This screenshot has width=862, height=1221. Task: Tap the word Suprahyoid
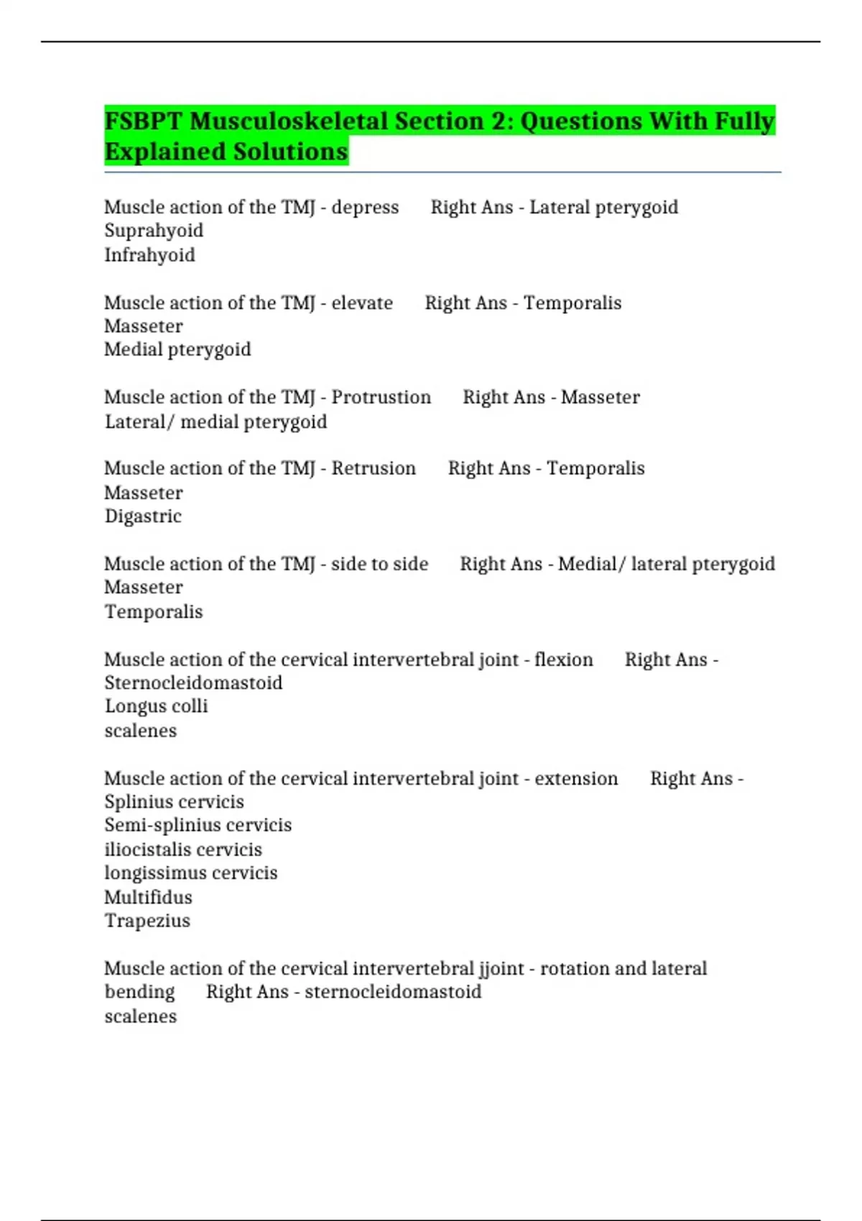click(x=154, y=231)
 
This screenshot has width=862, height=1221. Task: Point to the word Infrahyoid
click(x=149, y=255)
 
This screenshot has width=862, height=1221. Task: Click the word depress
click(x=365, y=207)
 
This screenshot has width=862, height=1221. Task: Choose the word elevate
click(x=362, y=302)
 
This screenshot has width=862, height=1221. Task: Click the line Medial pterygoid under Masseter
click(x=177, y=350)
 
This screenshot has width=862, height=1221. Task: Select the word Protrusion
click(x=381, y=397)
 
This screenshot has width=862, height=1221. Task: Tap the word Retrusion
click(x=374, y=468)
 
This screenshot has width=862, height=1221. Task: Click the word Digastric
click(x=143, y=516)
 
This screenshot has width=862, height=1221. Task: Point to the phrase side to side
click(x=379, y=564)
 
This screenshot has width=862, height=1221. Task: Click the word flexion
click(x=564, y=659)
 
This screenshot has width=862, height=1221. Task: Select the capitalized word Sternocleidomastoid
click(x=193, y=683)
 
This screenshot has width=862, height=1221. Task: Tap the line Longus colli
click(x=156, y=707)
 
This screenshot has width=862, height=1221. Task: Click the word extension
click(x=576, y=779)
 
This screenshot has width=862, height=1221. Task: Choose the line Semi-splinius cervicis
click(x=198, y=825)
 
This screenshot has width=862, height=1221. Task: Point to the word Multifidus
click(x=148, y=897)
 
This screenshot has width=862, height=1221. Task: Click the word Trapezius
click(x=147, y=921)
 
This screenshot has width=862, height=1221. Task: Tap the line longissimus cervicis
click(x=190, y=873)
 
